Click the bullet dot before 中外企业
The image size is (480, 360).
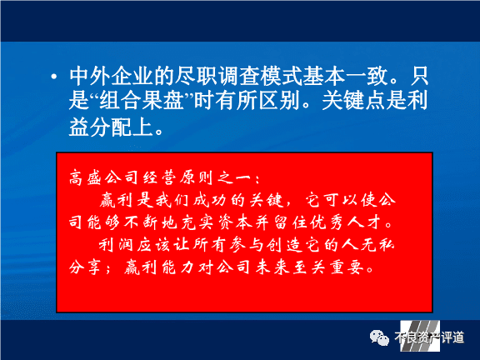tap(54, 77)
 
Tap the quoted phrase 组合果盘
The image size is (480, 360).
tap(142, 101)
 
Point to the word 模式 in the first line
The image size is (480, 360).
tap(281, 76)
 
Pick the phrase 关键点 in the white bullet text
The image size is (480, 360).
tap(353, 101)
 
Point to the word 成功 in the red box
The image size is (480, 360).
tap(210, 201)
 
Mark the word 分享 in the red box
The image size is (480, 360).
tap(85, 267)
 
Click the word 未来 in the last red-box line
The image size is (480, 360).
tap(272, 267)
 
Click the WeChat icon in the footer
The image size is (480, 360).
tap(379, 338)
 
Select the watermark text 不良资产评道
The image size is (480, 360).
tap(429, 338)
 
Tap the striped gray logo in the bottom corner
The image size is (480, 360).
tap(420, 336)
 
